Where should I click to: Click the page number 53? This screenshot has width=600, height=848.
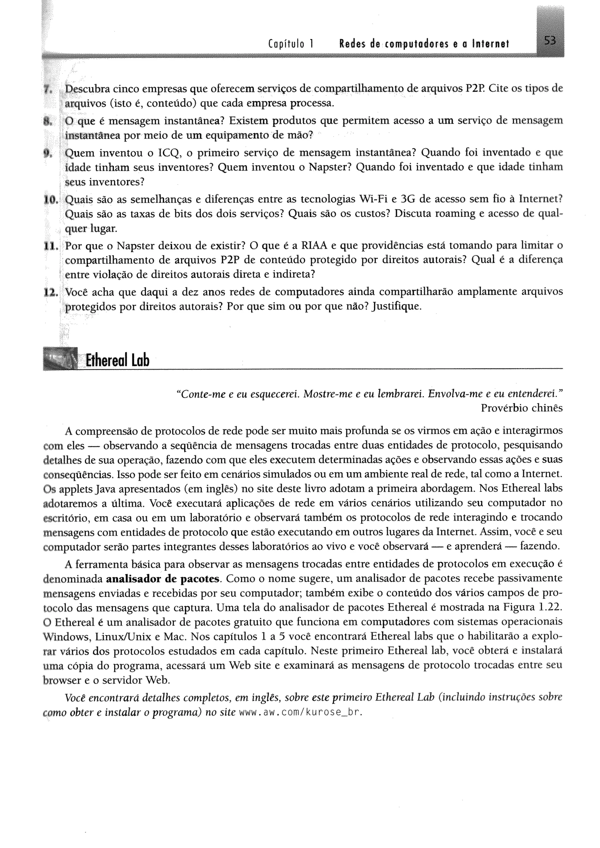(x=549, y=41)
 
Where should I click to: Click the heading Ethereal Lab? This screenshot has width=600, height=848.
(x=117, y=360)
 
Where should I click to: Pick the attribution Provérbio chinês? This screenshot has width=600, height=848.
(x=522, y=408)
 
